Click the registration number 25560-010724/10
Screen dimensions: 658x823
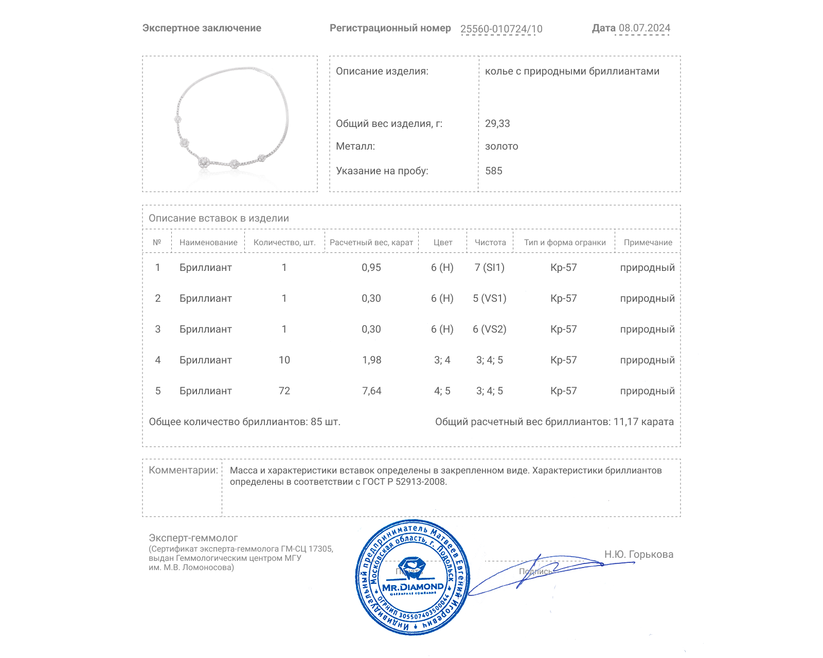click(501, 29)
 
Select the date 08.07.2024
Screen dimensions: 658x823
click(644, 28)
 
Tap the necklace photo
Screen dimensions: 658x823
click(230, 124)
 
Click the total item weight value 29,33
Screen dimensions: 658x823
click(497, 124)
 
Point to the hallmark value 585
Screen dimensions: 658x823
click(493, 171)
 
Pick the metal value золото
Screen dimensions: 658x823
click(502, 147)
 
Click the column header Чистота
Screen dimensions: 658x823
click(490, 243)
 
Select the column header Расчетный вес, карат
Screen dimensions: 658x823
click(371, 243)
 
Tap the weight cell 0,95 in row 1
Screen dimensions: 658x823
click(371, 268)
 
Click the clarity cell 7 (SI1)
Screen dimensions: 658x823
click(490, 268)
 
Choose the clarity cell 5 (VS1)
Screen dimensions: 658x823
click(490, 299)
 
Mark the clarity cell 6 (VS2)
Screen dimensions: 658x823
click(490, 330)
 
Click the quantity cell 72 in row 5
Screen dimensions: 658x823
click(284, 391)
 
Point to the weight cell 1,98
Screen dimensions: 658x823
click(372, 360)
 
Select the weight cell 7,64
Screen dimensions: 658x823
click(372, 391)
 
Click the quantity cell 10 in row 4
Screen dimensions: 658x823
click(284, 360)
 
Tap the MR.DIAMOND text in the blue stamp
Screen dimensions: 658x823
click(413, 587)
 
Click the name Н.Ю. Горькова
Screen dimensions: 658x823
click(638, 555)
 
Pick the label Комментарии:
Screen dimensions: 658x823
click(183, 470)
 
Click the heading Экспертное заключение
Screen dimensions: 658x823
click(202, 28)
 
